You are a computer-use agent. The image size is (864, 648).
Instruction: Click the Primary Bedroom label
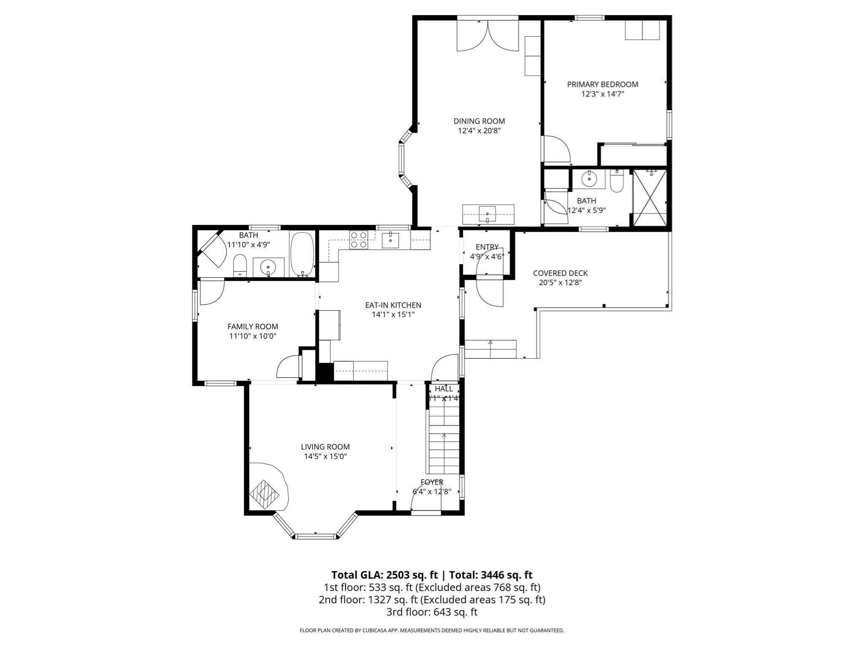pyautogui.click(x=602, y=84)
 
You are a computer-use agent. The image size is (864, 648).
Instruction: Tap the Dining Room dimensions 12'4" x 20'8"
pyautogui.click(x=479, y=131)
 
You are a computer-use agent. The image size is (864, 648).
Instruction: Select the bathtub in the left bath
pyautogui.click(x=302, y=254)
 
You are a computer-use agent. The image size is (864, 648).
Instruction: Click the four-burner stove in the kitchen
pyautogui.click(x=359, y=240)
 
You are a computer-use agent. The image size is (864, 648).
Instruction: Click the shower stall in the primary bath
pyautogui.click(x=650, y=197)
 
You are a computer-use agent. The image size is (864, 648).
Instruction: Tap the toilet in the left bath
pyautogui.click(x=240, y=265)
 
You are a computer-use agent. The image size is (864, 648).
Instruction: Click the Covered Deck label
pyautogui.click(x=560, y=273)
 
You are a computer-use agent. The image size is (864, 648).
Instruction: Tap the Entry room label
pyautogui.click(x=487, y=247)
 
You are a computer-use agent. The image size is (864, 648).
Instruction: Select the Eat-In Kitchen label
pyautogui.click(x=393, y=305)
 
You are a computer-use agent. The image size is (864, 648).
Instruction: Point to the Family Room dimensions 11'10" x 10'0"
pyautogui.click(x=253, y=336)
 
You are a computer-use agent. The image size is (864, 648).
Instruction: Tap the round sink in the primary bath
pyautogui.click(x=588, y=180)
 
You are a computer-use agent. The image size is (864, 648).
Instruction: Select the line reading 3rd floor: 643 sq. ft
pyautogui.click(x=432, y=612)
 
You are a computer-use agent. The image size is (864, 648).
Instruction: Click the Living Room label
pyautogui.click(x=325, y=447)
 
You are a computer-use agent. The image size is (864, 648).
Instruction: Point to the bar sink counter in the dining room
pyautogui.click(x=488, y=214)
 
